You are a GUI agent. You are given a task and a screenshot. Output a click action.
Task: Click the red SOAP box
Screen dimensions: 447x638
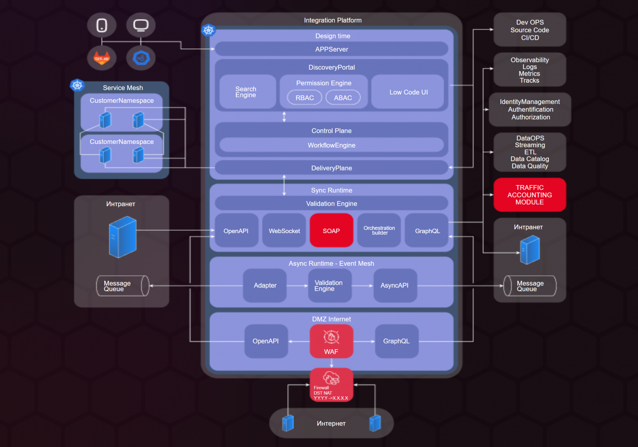[x=331, y=231]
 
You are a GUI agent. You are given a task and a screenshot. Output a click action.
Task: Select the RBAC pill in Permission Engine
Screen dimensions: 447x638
[x=304, y=98]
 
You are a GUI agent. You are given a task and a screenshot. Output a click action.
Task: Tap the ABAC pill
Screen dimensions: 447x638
[x=343, y=98]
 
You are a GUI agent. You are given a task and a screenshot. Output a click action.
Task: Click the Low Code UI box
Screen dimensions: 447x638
[x=409, y=92]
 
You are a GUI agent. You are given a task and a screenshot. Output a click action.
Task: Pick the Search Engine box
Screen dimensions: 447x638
[x=246, y=92]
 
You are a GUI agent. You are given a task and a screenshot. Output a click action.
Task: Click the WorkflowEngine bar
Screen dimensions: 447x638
[x=331, y=145]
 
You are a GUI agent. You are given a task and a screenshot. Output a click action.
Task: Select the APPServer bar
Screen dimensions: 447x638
[x=331, y=49]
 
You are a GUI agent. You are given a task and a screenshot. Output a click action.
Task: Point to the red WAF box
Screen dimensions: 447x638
[x=331, y=341]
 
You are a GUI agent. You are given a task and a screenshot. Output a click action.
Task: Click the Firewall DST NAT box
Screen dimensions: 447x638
[x=331, y=385]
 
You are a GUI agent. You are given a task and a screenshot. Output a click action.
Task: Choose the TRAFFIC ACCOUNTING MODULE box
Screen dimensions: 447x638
[x=530, y=195]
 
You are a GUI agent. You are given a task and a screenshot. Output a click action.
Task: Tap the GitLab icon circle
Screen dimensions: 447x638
[x=101, y=58]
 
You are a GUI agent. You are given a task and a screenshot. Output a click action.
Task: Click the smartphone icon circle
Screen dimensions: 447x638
[x=101, y=25]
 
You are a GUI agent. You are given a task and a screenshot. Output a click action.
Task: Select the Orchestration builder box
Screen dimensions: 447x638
[x=379, y=231]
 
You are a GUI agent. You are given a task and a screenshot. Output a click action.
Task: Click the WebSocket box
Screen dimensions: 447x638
[x=284, y=231]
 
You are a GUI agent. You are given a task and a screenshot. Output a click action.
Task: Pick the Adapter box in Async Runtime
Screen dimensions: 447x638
[x=265, y=285]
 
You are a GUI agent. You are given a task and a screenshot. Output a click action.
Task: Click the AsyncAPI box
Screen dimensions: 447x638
[x=395, y=285]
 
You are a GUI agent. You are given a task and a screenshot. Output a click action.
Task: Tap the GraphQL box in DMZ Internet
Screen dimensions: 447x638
[x=396, y=341]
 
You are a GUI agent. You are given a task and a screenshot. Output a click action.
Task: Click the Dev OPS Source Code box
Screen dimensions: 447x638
[x=530, y=30]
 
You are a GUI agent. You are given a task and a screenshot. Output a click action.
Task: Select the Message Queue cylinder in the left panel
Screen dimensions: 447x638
[x=122, y=286]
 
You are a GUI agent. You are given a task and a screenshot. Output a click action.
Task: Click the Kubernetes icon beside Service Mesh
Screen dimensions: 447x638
[x=77, y=85]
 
